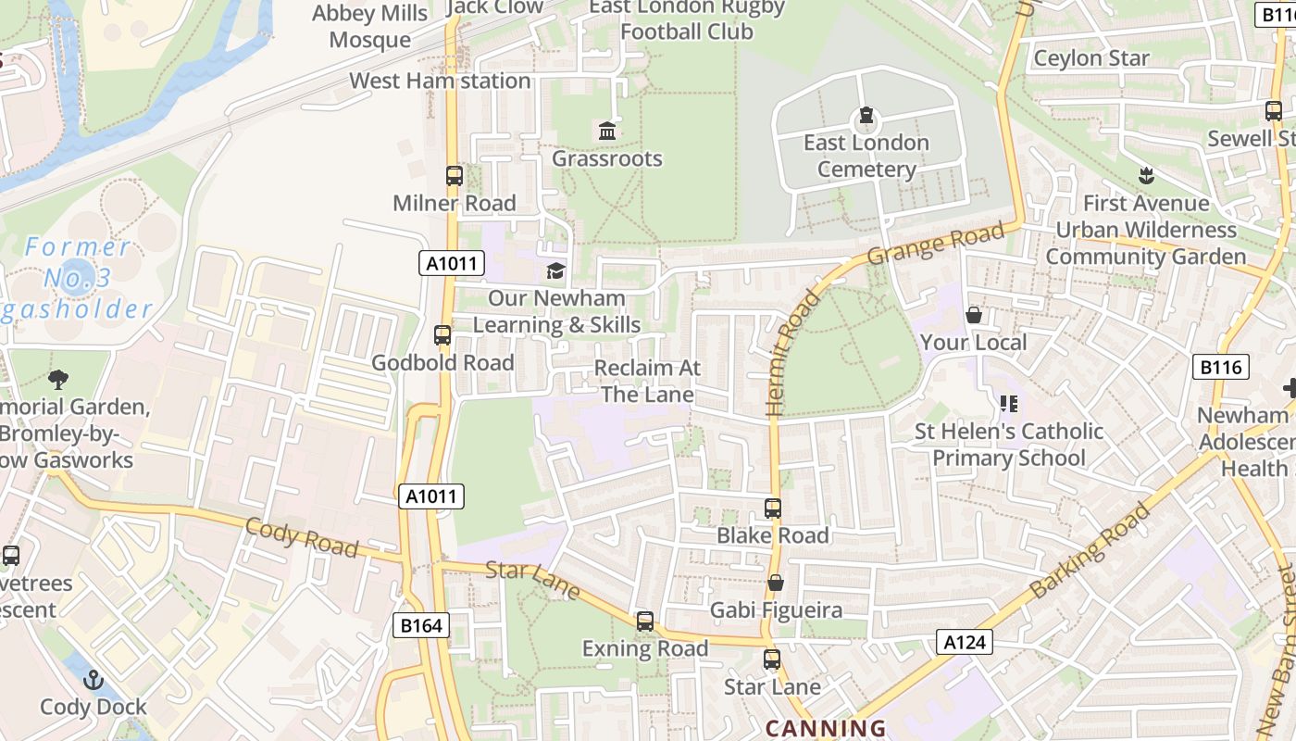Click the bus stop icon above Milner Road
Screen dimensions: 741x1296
click(x=454, y=175)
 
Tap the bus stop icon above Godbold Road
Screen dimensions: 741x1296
click(x=442, y=334)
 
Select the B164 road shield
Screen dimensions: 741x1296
click(x=421, y=625)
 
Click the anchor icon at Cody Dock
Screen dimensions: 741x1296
click(x=93, y=681)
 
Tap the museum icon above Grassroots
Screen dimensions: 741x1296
click(x=607, y=132)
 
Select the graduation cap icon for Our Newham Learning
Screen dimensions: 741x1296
click(x=555, y=270)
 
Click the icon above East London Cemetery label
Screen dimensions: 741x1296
click(x=866, y=116)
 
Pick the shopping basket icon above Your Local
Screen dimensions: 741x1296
click(x=973, y=316)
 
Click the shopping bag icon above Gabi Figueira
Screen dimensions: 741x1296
click(x=776, y=583)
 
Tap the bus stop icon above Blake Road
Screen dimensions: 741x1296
click(x=773, y=508)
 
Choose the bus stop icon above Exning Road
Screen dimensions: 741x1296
click(x=645, y=622)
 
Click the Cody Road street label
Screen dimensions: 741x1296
click(x=302, y=537)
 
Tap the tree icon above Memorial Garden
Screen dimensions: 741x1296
click(x=58, y=379)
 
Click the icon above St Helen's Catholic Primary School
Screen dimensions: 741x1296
click(x=1008, y=404)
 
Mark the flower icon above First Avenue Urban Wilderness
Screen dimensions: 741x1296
click(x=1146, y=176)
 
